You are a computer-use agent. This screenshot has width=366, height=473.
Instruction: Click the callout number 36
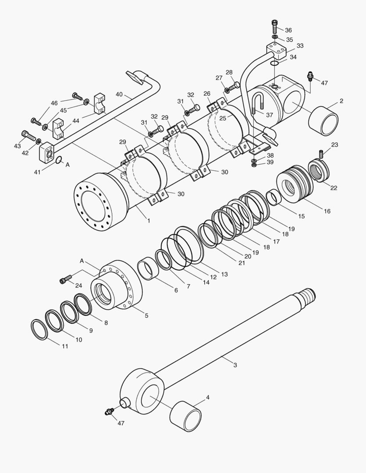(288, 30)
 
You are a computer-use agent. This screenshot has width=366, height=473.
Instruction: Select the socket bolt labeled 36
(274, 27)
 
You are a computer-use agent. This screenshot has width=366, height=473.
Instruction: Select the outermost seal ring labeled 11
(39, 329)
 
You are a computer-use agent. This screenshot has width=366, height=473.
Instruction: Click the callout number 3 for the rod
(235, 365)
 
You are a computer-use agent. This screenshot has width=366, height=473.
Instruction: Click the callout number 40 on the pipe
(119, 94)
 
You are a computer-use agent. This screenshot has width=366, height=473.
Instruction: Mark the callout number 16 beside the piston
(327, 211)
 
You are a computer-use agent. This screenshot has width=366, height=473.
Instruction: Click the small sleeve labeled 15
(274, 196)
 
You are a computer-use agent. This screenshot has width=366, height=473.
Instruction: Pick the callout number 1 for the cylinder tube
(149, 221)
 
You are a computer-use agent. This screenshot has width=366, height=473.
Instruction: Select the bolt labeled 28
(234, 86)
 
